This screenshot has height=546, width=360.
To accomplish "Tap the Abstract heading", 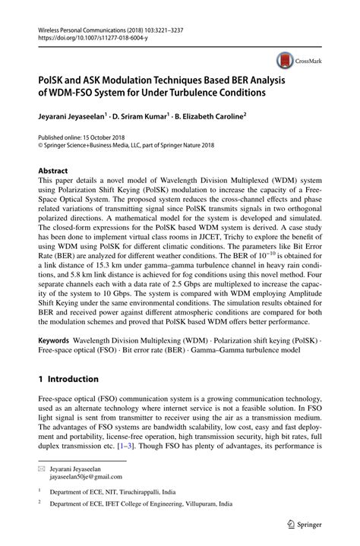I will point(53,171).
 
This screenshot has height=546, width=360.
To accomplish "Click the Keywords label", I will point(56,342).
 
